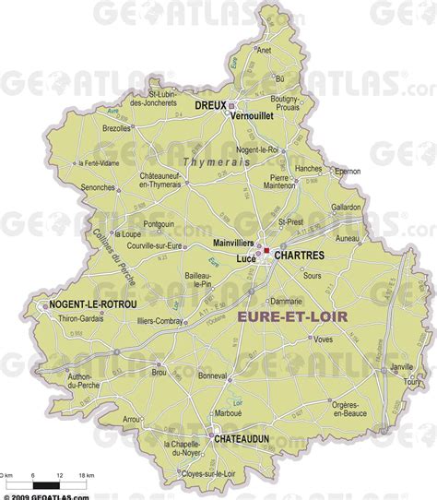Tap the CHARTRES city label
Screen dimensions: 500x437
pyautogui.click(x=298, y=253)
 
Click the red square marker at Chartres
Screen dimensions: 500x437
pyautogui.click(x=266, y=251)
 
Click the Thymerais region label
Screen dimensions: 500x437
pyautogui.click(x=217, y=162)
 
